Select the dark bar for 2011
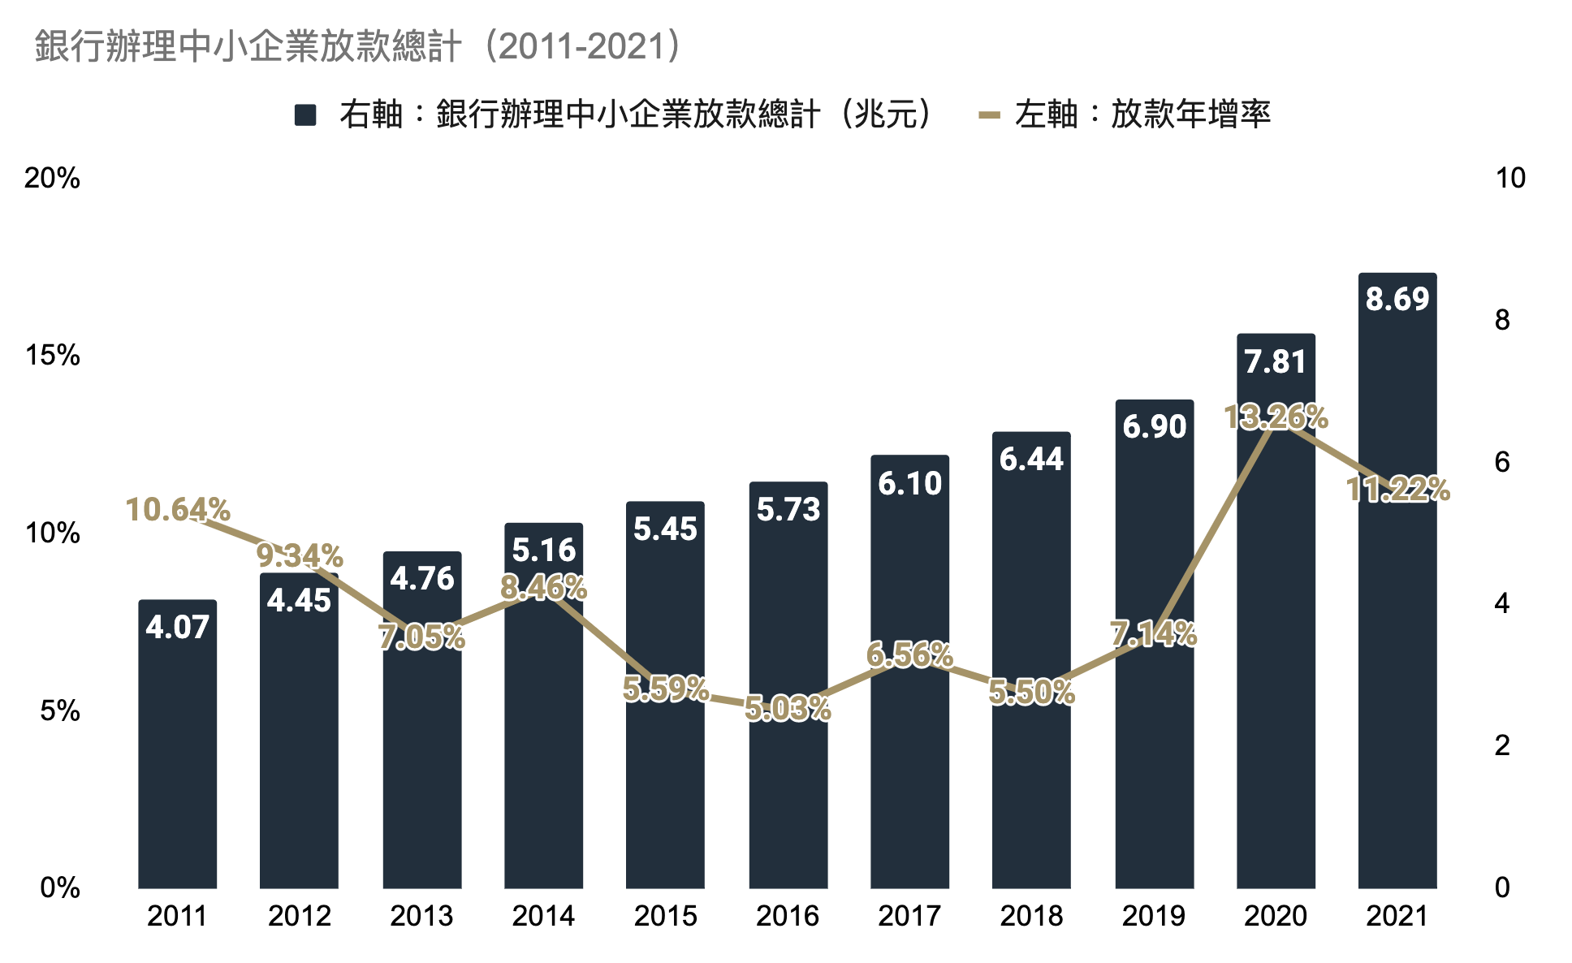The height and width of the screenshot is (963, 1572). tap(177, 755)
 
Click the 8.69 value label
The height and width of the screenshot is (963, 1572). tap(1397, 300)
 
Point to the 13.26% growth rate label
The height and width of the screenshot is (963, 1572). tap(1276, 417)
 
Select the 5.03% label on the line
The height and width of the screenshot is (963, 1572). tap(788, 709)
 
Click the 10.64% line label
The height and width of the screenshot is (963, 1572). tap(178, 510)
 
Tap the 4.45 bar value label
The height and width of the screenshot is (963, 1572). tap(299, 601)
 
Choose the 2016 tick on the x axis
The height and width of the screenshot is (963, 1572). tap(788, 916)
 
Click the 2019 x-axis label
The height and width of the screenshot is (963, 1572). tap(1154, 916)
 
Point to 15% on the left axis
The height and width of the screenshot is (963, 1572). tap(53, 356)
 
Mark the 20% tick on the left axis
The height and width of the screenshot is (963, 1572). tap(53, 178)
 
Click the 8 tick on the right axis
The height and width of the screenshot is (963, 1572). tap(1502, 320)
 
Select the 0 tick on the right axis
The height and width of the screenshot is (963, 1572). tap(1502, 887)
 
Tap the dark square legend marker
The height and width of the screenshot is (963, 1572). tap(305, 115)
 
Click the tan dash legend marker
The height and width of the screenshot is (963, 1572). tap(989, 115)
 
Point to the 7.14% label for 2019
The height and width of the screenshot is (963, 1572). tap(1154, 634)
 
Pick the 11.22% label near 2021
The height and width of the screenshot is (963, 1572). tap(1397, 490)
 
